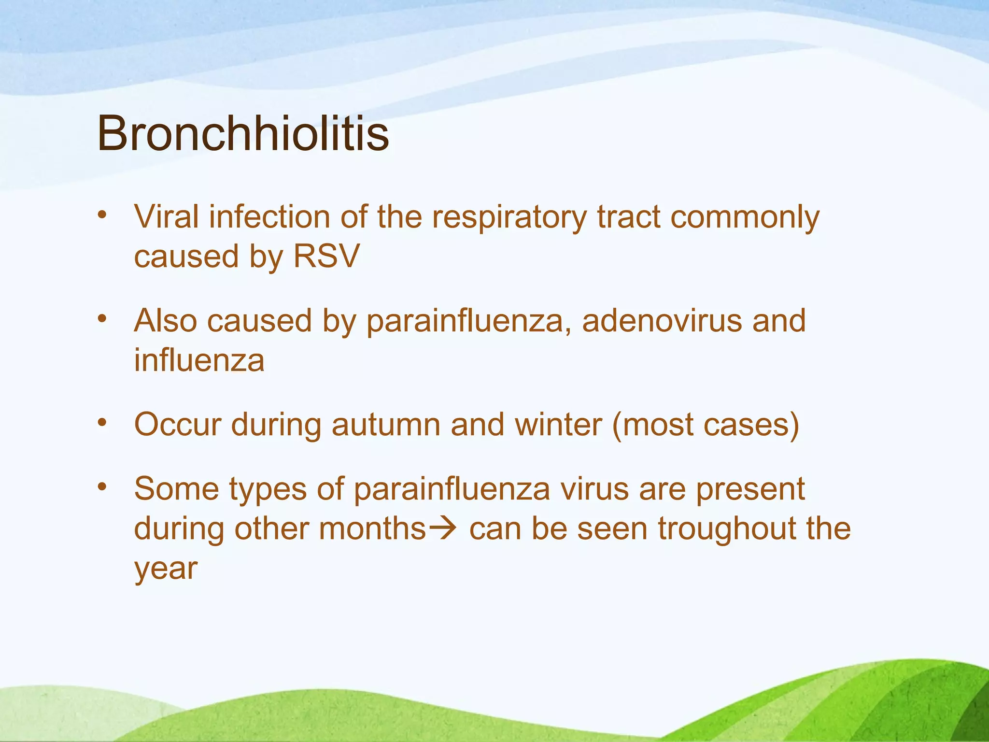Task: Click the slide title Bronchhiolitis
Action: click(243, 133)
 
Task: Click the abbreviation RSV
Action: click(326, 256)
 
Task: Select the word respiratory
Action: click(509, 217)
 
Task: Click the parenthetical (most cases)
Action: click(706, 425)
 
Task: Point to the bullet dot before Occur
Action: click(101, 423)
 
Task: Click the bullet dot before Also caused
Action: click(101, 318)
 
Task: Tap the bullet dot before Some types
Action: click(101, 487)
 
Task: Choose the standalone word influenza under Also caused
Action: click(199, 360)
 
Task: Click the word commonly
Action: click(745, 217)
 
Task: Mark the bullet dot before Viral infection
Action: click(101, 214)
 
